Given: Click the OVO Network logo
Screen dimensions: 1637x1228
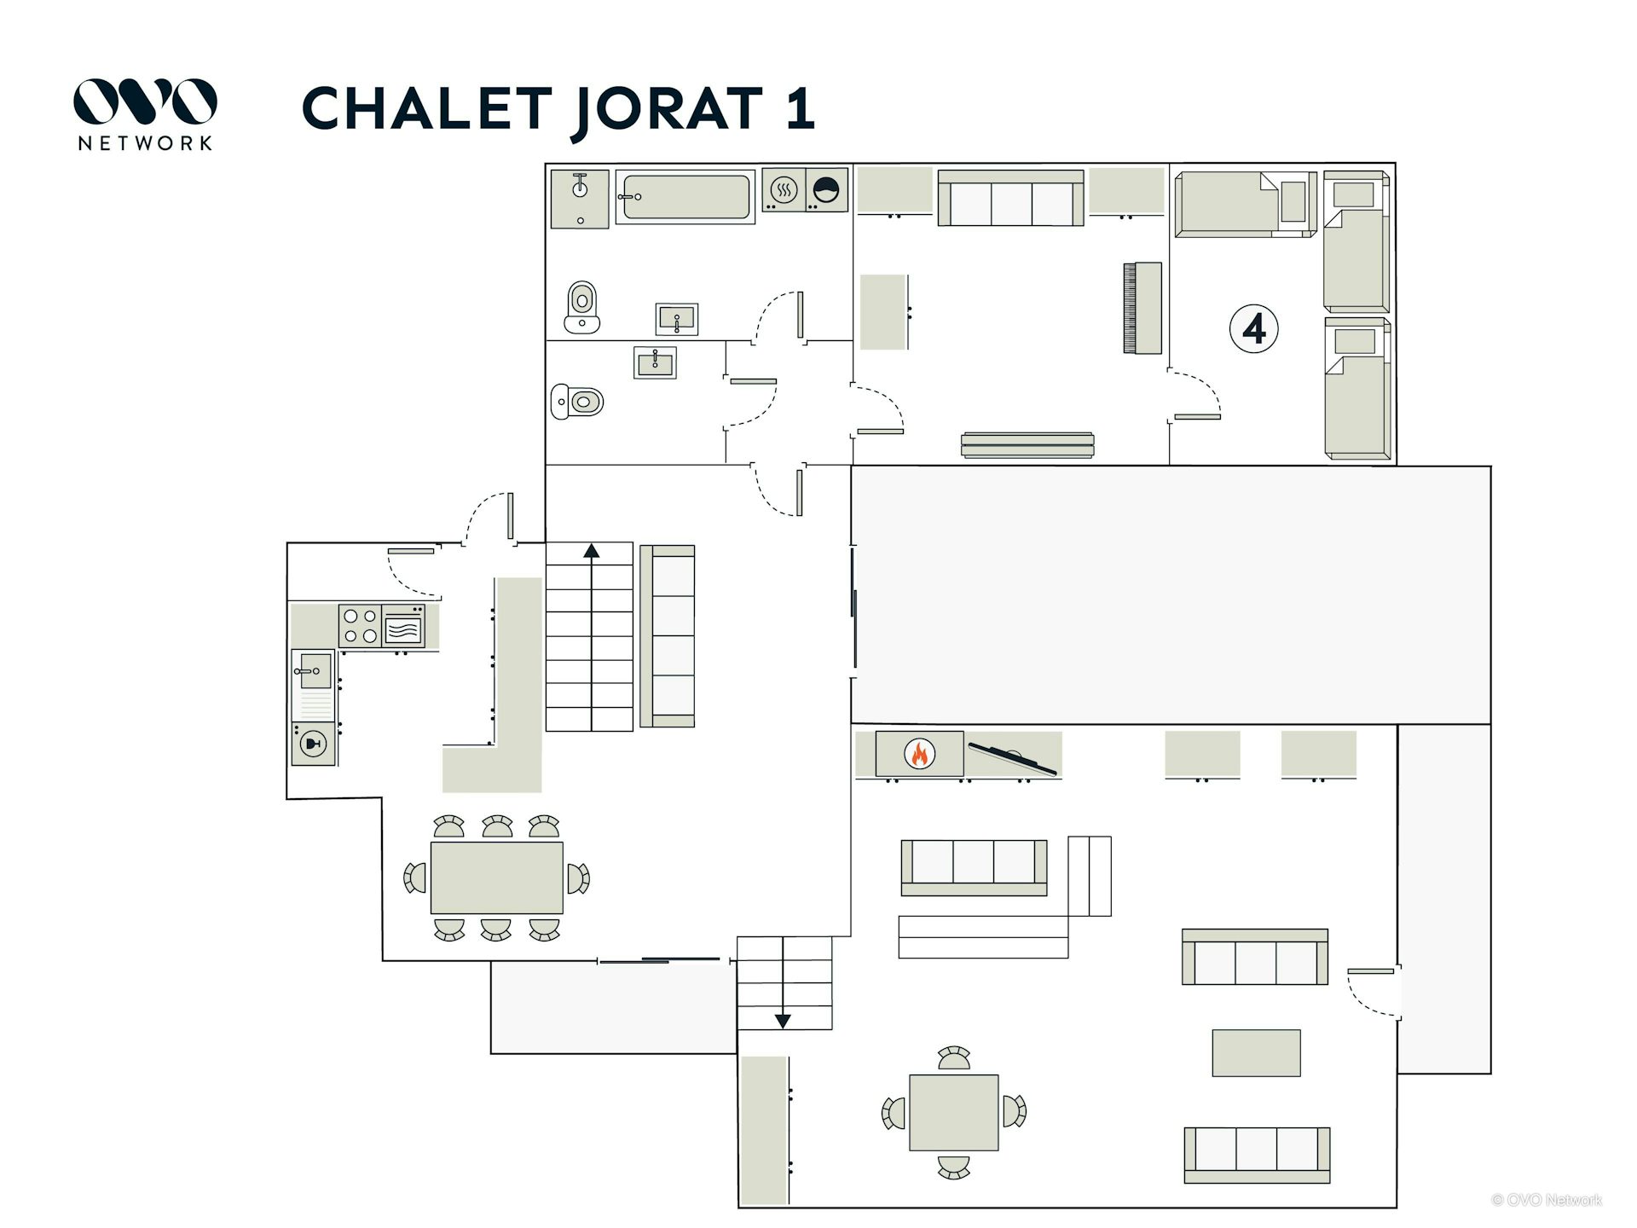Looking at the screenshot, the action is click(145, 114).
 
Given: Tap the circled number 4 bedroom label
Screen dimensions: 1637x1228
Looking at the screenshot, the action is click(1253, 328).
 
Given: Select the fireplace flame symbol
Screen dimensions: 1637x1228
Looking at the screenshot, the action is click(919, 754).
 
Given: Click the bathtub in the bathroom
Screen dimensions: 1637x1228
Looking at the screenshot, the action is click(685, 197).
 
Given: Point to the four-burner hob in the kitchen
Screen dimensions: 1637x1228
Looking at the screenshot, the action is click(360, 626).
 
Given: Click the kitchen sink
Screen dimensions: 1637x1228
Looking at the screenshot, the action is click(314, 671).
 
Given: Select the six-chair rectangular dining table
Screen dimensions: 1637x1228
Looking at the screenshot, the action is click(496, 878).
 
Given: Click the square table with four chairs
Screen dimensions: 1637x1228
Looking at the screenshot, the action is click(954, 1112).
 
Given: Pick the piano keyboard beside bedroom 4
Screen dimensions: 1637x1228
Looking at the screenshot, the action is click(1142, 308).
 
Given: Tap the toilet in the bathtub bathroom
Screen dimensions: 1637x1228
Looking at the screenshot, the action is click(582, 307).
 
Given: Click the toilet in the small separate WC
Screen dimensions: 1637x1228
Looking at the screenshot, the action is click(577, 401).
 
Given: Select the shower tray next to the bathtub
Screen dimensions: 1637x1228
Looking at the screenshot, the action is click(580, 199).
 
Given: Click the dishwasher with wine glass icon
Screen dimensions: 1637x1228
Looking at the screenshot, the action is click(314, 744).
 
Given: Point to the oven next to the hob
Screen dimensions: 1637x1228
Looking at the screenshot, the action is click(403, 626).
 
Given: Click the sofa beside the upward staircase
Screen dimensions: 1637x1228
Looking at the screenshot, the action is click(668, 636).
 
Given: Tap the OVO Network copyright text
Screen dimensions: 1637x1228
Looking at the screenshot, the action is click(1547, 1200).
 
